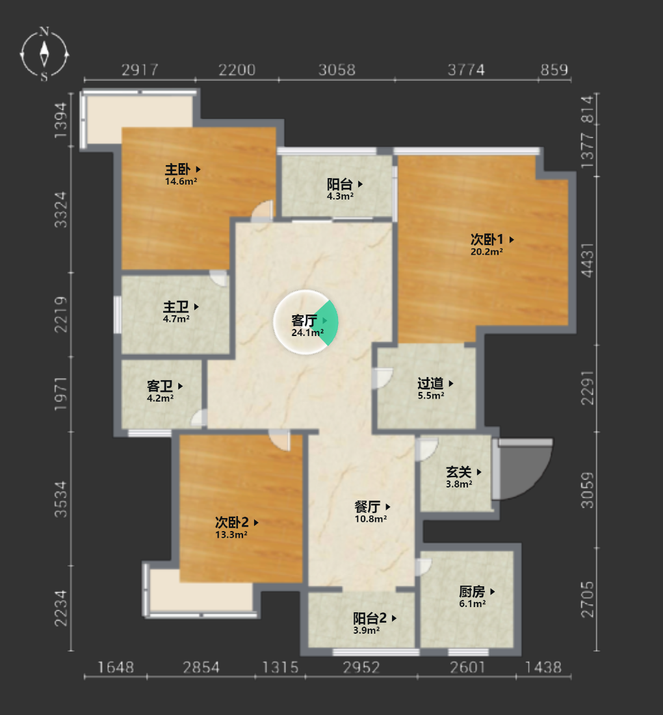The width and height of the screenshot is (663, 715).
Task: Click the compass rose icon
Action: coord(44,54)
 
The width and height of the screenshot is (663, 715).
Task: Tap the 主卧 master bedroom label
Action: coord(178,170)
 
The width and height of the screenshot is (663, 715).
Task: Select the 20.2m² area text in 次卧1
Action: coord(487,252)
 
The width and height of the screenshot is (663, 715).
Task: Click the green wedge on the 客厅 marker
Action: coord(328,322)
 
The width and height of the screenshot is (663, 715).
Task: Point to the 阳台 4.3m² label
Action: coord(340,190)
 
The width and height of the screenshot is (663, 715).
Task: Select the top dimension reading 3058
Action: coord(337,70)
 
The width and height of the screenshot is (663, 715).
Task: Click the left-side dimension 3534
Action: coord(60,499)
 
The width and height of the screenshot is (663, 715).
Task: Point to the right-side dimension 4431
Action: coord(588,261)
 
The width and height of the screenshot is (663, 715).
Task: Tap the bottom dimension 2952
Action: coord(361,668)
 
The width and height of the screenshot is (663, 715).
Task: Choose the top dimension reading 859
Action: coord(554,70)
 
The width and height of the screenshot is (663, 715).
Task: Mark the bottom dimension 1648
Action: coord(116,668)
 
